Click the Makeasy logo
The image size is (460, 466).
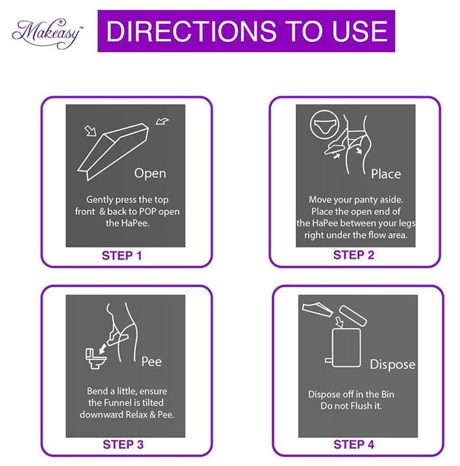click(x=47, y=33)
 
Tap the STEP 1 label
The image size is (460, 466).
click(x=122, y=256)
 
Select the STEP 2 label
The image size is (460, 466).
click(x=354, y=255)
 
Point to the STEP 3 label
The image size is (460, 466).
click(x=123, y=445)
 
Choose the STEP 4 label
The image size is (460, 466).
click(x=354, y=445)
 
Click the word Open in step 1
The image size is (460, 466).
click(x=150, y=174)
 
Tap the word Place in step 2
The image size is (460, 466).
click(x=386, y=174)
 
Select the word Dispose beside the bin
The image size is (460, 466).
click(x=393, y=365)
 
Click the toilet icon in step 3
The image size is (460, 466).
click(x=95, y=358)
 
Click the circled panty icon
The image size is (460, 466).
click(x=324, y=125)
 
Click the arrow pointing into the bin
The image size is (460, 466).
click(x=339, y=322)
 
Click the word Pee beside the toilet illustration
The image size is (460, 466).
click(x=151, y=361)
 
